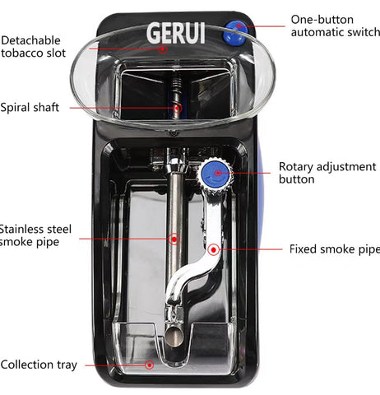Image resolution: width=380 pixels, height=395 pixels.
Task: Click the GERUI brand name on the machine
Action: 176,33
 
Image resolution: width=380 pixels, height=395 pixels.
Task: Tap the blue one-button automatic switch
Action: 235,33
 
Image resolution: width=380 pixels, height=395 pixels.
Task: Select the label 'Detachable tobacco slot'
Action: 33,47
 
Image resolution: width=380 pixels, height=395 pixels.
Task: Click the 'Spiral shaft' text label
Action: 30,107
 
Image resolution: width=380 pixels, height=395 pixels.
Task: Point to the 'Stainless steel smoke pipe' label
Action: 35,235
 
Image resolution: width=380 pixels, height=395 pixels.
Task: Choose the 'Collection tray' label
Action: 39,365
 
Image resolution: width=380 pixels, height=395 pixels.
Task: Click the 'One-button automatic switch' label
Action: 336,26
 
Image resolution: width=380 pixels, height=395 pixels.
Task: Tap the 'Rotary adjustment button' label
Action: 327,173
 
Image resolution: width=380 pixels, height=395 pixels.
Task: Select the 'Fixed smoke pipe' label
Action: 335,249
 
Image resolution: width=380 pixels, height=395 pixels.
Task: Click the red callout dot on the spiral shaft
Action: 178,109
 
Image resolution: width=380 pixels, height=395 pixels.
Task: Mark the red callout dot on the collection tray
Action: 150,365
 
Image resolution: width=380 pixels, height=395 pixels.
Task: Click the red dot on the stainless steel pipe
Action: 174,239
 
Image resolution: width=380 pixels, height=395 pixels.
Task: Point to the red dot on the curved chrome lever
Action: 213,250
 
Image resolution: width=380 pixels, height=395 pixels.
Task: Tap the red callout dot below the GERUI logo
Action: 163,49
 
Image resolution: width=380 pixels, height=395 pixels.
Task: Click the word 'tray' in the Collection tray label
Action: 67,365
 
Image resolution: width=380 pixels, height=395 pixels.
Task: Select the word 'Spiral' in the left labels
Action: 14,107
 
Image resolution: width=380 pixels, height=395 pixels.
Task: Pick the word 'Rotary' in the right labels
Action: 296,167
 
